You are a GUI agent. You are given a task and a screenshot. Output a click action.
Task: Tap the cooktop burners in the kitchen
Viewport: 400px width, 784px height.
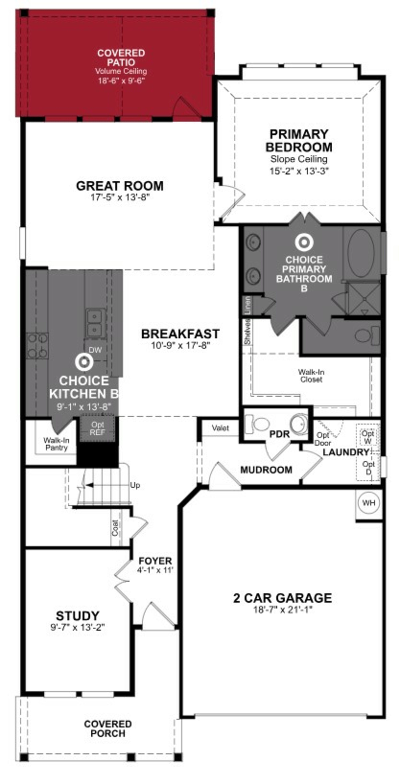[37, 345]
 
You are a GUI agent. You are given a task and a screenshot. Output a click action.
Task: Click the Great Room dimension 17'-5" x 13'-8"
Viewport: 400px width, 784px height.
[120, 198]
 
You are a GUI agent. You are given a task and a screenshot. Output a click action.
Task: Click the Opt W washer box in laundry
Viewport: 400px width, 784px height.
[368, 436]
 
